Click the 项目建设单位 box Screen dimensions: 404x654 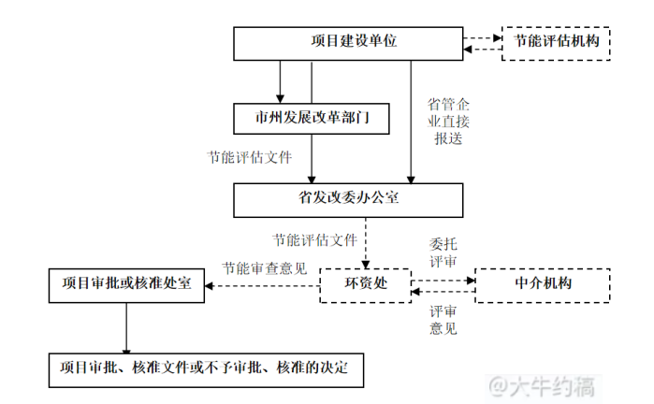pos(347,42)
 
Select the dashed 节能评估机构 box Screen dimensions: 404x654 pos(556,42)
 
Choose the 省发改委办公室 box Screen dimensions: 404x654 pos(347,197)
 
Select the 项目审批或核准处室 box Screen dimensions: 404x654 pos(126,284)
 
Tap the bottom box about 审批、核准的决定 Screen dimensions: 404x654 pos(204,368)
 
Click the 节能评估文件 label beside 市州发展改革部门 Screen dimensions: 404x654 pos(250,156)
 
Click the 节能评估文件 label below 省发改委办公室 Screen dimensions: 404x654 pos(314,238)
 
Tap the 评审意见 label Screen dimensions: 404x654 pos(443,319)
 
